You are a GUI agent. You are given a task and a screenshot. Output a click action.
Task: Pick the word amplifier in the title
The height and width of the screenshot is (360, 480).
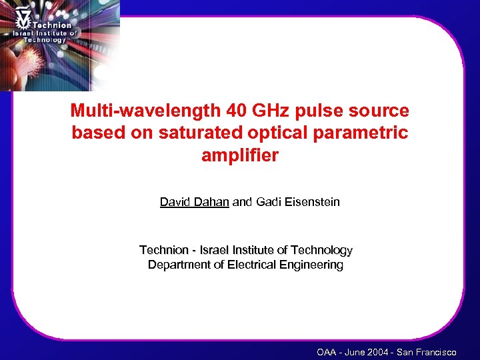[x=239, y=156]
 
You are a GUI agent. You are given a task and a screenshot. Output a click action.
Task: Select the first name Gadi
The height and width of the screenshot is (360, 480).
[x=270, y=201]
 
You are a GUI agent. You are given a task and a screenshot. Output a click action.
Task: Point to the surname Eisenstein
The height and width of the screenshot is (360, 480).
[x=312, y=201]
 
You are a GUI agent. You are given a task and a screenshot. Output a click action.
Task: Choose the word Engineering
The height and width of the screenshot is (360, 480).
[x=311, y=265]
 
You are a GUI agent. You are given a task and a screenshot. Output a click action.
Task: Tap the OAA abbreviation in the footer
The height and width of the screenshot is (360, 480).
[x=327, y=352]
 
